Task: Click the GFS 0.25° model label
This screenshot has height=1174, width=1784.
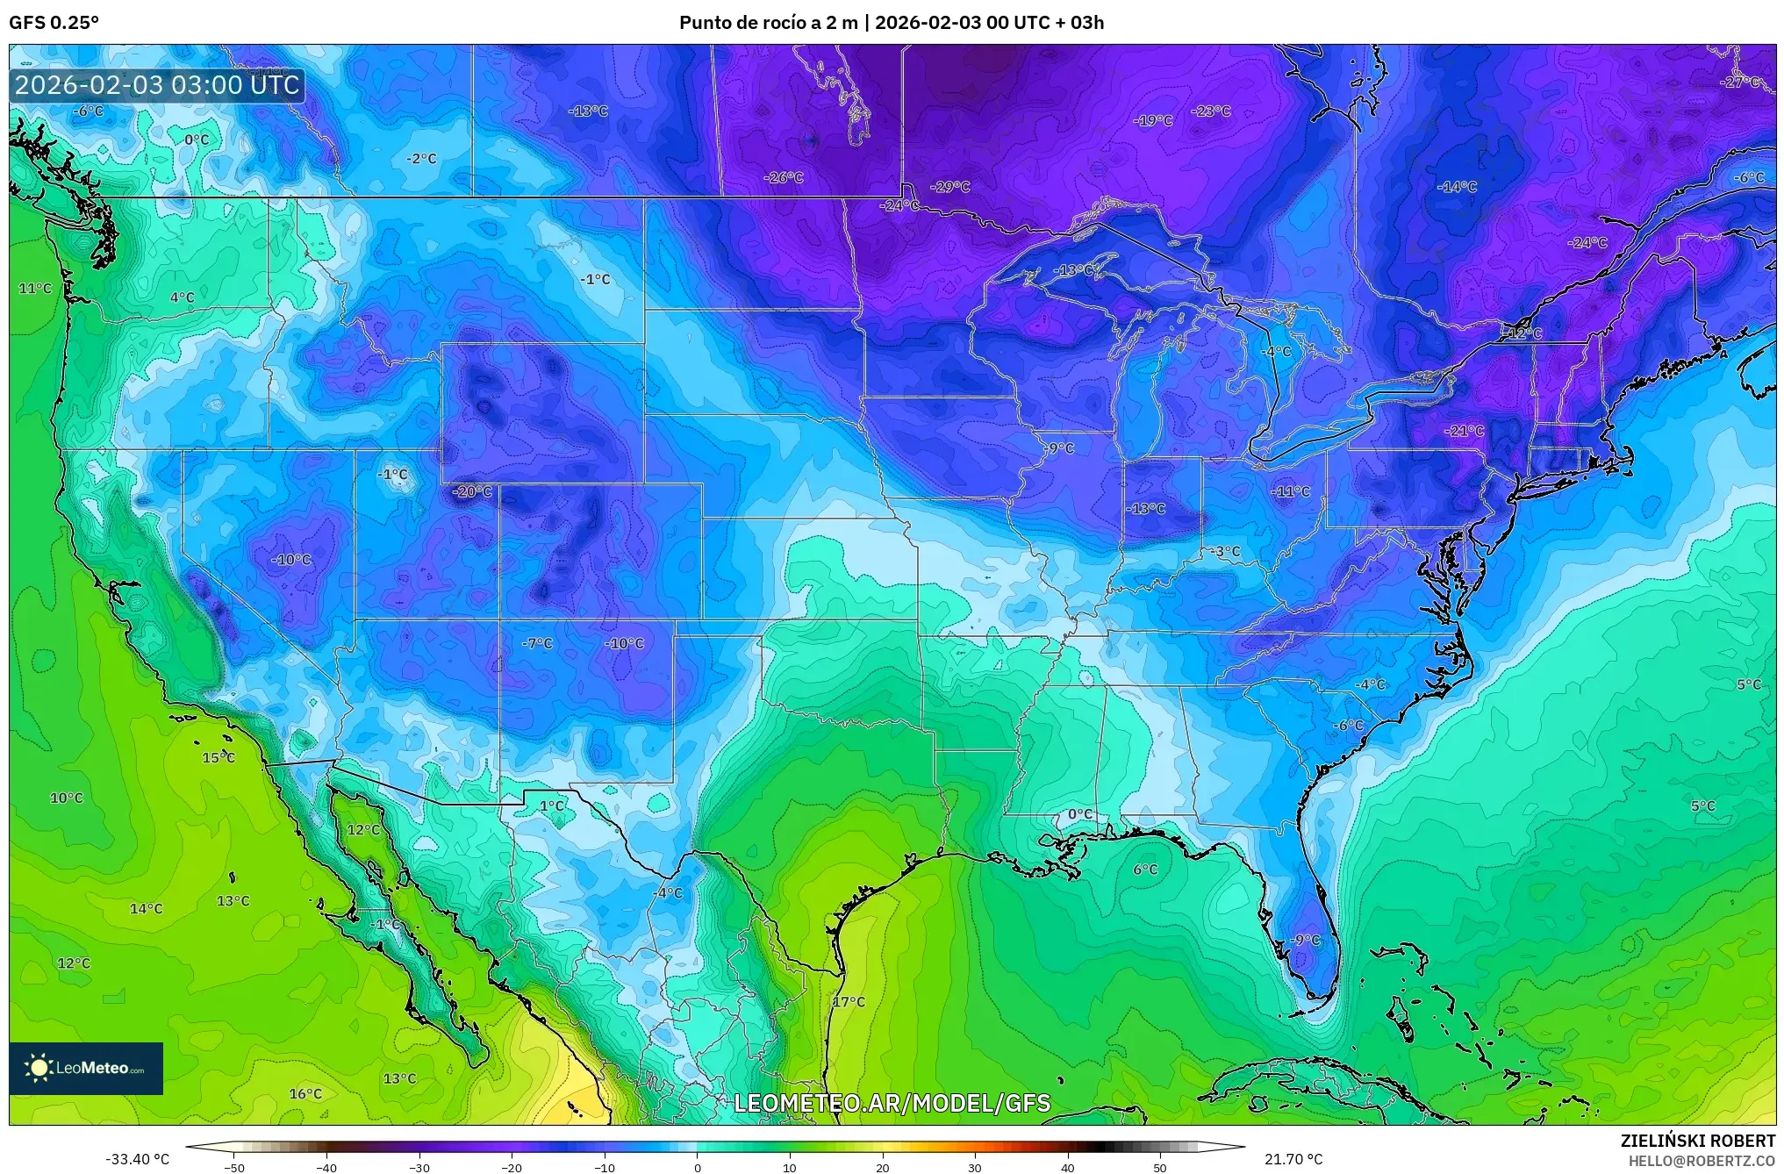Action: coord(54,23)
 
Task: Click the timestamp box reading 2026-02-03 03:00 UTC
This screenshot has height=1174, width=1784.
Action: coord(158,85)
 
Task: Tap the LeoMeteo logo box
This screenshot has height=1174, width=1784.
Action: coord(86,1068)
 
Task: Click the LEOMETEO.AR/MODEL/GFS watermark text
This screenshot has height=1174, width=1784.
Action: coord(892,1103)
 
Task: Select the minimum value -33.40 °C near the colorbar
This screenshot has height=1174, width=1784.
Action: coord(138,1159)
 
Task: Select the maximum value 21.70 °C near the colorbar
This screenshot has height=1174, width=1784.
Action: coord(1293,1159)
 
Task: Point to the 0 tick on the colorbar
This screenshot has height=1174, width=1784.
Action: coord(698,1167)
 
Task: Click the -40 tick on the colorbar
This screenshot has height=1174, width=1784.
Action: coord(326,1167)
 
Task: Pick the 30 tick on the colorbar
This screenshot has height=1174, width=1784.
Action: coord(975,1167)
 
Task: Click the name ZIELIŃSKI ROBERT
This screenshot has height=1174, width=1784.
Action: coord(1697,1141)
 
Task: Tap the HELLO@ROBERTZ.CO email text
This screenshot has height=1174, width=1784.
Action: coord(1702,1161)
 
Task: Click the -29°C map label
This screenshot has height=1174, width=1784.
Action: coord(950,187)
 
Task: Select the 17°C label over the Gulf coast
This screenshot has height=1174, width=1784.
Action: coord(849,1001)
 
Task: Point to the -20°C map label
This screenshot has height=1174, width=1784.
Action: coord(472,491)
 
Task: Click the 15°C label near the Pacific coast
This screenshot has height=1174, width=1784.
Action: coord(219,757)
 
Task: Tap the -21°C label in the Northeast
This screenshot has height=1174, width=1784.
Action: coord(1465,431)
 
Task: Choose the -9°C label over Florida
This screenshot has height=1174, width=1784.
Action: coord(1306,940)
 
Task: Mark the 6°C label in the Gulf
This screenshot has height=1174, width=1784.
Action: coord(1145,870)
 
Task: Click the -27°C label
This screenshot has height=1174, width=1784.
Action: coord(1741,82)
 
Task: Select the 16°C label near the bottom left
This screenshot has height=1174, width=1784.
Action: coord(305,1093)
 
